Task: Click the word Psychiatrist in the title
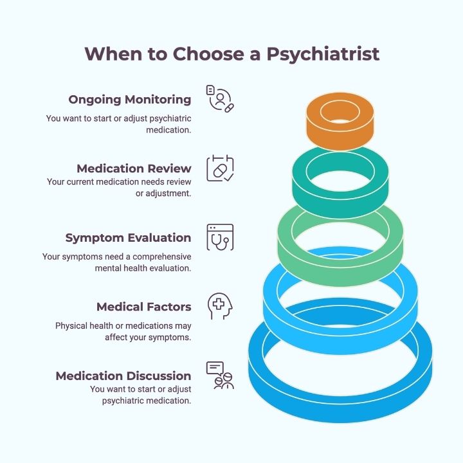pyautogui.click(x=323, y=54)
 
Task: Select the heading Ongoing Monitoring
pyautogui.click(x=130, y=100)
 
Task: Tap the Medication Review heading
pyautogui.click(x=134, y=168)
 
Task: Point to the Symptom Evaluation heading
pyautogui.click(x=128, y=238)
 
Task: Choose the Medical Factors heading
pyautogui.click(x=144, y=307)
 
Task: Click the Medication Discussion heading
pyautogui.click(x=123, y=376)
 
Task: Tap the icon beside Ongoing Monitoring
pyautogui.click(x=220, y=98)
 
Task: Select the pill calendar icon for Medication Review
pyautogui.click(x=220, y=168)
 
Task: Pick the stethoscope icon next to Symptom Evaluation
pyautogui.click(x=220, y=237)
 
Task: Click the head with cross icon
pyautogui.click(x=220, y=306)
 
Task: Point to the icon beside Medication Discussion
pyautogui.click(x=220, y=376)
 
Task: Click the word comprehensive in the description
pyautogui.click(x=162, y=257)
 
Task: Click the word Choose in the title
pyautogui.click(x=208, y=54)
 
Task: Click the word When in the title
pyautogui.click(x=113, y=54)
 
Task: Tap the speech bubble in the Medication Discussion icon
pyautogui.click(x=215, y=368)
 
